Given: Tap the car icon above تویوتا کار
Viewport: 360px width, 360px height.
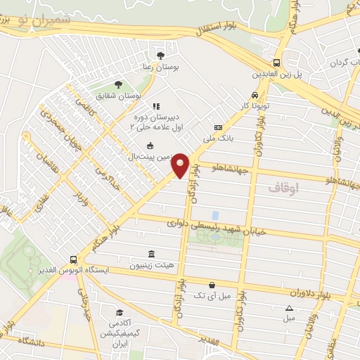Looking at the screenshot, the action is click(255, 96).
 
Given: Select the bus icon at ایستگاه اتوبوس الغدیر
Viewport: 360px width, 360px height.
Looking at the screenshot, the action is click(74, 259).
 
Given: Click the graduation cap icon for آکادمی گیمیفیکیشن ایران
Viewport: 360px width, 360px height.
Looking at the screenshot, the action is click(120, 313).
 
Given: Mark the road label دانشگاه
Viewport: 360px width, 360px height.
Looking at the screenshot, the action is click(28, 342).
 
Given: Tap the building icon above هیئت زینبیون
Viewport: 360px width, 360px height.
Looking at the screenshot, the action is click(151, 254).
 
